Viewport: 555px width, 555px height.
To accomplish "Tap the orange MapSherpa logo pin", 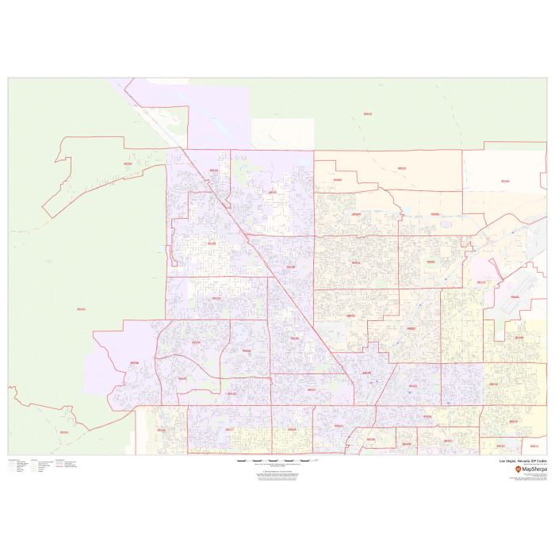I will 519,470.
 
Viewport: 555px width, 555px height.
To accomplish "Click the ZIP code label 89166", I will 128,164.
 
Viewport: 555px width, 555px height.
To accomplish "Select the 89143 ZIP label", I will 213,170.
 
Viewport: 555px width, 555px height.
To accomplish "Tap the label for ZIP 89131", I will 272,192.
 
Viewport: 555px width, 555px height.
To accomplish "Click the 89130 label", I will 290,267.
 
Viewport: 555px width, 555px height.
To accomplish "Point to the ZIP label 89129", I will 216,299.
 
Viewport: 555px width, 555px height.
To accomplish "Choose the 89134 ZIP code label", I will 195,343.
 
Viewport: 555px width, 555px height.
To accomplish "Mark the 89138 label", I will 134,363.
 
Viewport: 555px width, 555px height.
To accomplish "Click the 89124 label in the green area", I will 81,309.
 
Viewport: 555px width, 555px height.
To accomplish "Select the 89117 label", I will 229,430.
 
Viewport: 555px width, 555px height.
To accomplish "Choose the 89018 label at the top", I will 367,114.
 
